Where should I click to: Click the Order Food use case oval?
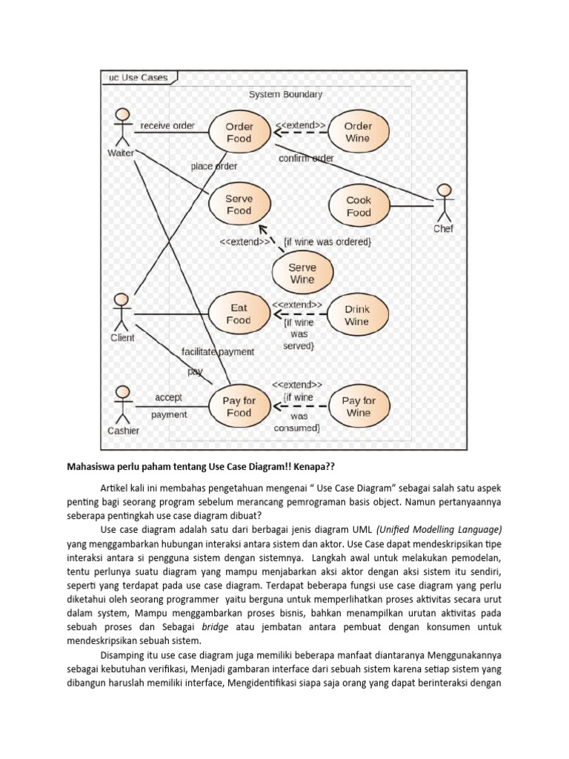239,133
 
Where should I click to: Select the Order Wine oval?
357,133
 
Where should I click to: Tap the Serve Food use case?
239,205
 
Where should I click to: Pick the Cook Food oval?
359,206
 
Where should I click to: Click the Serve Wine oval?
302,274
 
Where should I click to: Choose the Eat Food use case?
239,314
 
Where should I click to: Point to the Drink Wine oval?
356,315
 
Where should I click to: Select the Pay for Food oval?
239,406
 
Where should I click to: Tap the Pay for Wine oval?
359,406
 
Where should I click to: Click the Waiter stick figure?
122,127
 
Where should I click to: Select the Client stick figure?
122,312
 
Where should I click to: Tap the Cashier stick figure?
122,404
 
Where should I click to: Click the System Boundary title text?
285,95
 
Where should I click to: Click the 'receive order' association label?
167,126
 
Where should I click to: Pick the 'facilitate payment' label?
217,351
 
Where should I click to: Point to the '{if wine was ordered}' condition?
327,242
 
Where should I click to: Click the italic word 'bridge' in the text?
219,627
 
